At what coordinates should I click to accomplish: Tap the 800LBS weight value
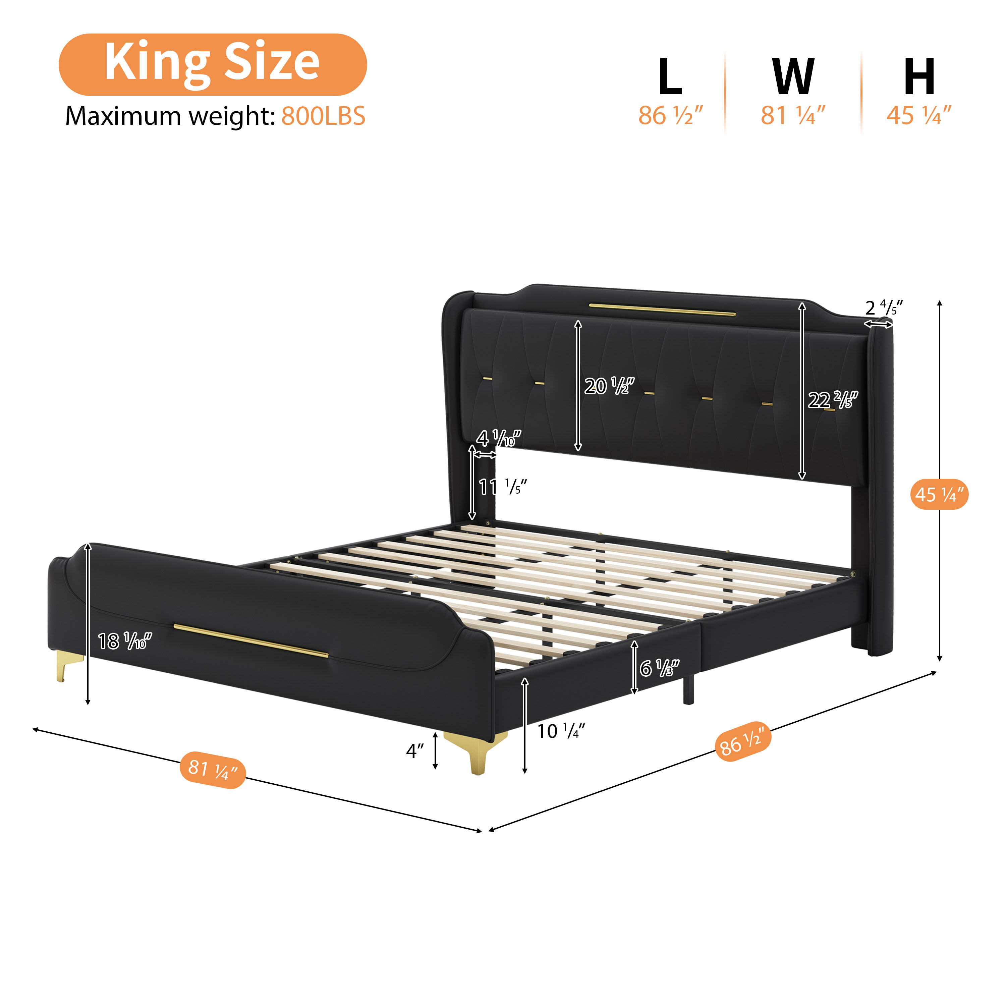323,116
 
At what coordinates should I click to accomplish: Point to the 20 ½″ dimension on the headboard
609,386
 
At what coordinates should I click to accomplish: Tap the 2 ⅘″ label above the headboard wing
883,308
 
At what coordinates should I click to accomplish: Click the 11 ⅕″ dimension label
502,487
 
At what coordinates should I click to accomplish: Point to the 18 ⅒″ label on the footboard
124,641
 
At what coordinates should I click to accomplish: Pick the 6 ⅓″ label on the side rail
659,668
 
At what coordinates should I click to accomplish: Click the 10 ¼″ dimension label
560,731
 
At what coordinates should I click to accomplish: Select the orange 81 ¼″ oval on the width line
213,770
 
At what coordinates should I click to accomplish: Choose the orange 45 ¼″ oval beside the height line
939,494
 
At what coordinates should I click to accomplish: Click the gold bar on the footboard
250,641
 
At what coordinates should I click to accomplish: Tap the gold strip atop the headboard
662,309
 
